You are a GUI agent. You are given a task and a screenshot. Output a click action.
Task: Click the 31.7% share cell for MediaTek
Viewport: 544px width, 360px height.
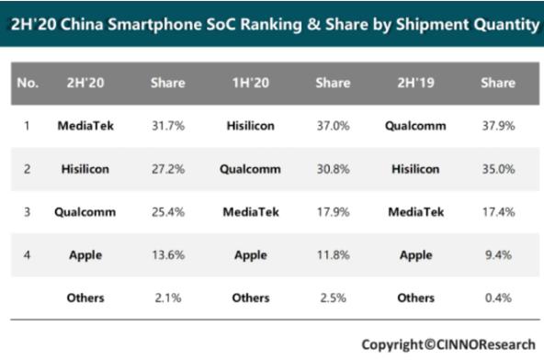point(168,126)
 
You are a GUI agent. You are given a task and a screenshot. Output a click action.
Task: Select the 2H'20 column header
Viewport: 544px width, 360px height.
point(85,83)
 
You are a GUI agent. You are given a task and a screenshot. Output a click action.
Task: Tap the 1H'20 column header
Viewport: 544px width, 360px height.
point(251,83)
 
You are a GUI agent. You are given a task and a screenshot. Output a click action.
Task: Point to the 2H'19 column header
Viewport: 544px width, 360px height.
point(415,83)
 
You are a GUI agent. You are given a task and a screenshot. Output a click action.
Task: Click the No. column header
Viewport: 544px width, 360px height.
point(28,83)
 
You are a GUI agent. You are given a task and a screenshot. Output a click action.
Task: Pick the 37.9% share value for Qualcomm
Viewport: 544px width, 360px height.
point(498,126)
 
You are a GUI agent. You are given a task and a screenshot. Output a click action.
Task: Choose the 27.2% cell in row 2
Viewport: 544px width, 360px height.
point(168,169)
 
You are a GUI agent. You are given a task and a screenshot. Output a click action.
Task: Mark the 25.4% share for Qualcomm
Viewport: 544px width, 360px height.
point(168,212)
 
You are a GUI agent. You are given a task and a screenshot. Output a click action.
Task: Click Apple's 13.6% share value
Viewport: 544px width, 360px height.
point(168,255)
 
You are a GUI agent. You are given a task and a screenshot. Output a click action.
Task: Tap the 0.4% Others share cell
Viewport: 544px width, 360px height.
point(498,298)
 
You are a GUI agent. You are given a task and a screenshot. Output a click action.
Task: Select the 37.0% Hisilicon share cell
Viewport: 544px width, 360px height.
point(333,126)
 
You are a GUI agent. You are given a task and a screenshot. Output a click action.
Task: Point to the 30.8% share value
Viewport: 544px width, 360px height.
point(333,169)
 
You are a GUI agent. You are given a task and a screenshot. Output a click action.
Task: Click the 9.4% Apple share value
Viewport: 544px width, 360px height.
point(498,255)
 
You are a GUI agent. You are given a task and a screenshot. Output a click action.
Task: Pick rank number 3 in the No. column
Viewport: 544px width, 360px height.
point(27,212)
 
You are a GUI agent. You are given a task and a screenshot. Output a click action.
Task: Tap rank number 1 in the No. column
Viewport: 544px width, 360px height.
point(27,126)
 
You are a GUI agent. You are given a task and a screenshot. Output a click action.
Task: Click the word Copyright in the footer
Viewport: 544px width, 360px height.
point(392,344)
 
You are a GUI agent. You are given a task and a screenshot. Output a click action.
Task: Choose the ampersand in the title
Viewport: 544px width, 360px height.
point(313,25)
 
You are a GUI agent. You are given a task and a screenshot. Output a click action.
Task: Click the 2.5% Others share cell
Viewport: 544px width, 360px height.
point(333,298)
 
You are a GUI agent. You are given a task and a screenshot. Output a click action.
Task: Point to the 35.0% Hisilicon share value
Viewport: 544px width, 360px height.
point(498,169)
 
